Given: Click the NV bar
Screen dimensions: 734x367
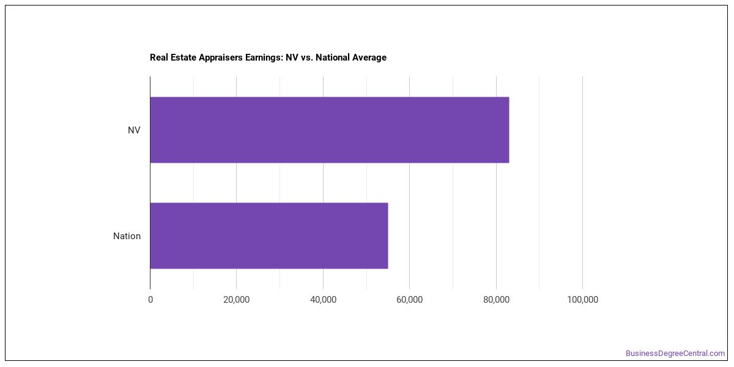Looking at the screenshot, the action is [330, 130].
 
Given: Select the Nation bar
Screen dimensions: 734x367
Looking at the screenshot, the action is [269, 235].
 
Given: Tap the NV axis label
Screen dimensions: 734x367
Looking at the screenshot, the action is [134, 130].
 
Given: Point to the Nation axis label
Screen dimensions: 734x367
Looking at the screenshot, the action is [127, 236].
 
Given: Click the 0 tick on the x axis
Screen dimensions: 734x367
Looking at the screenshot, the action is [150, 300].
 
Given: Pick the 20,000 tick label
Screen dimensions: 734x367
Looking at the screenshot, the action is [236, 300].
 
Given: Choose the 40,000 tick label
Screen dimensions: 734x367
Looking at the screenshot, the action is [323, 300].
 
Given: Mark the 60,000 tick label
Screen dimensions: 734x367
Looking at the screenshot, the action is [410, 300].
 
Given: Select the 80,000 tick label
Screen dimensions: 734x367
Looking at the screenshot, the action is [496, 300].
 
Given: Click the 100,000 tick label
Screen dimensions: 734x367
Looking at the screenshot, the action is [582, 300].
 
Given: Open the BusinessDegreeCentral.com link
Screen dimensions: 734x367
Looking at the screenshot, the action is [675, 354].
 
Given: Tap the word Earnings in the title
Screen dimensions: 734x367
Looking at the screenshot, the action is [265, 57].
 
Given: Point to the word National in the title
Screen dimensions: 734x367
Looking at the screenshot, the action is [333, 57].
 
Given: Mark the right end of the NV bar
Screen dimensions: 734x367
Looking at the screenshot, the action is [509, 130].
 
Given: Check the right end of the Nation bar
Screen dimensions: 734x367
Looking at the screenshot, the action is [388, 235].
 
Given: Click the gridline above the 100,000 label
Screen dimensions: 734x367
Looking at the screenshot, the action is [582, 183].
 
